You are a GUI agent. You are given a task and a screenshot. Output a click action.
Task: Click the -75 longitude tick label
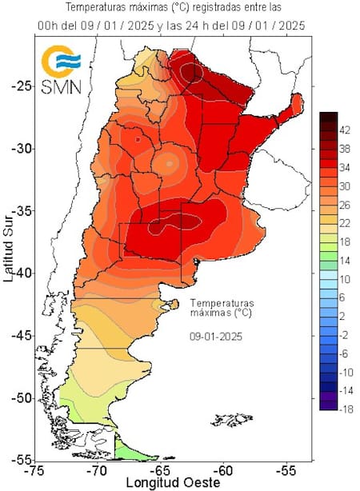point(34,471)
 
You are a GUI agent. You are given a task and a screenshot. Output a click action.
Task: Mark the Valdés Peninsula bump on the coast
point(173,305)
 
